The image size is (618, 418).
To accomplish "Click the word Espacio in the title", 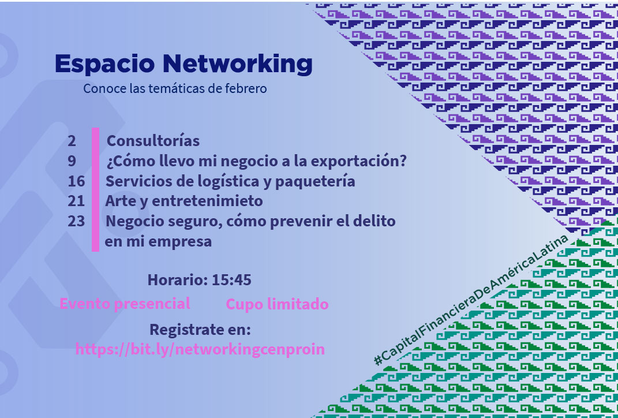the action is [x=105, y=64].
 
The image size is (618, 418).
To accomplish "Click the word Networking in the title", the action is [x=238, y=64].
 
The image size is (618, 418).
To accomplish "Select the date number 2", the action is [x=72, y=141].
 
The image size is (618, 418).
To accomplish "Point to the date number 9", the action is [x=72, y=161].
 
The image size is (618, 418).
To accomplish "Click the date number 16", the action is [x=76, y=181].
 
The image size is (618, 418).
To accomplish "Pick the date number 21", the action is [x=76, y=201].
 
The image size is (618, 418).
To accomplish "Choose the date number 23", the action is [x=76, y=221].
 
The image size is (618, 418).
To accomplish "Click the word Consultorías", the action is [x=153, y=141].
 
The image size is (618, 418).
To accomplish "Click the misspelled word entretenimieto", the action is [x=207, y=201].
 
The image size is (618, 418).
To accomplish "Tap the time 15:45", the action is [x=231, y=280].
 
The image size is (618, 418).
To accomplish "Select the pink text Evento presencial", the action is [x=125, y=304].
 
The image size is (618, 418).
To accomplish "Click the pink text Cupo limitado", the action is [x=277, y=304].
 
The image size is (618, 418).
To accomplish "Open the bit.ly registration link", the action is [x=200, y=349].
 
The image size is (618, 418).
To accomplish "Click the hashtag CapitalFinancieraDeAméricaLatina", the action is [x=471, y=300].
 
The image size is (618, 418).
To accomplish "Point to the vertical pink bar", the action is [x=95, y=189].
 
